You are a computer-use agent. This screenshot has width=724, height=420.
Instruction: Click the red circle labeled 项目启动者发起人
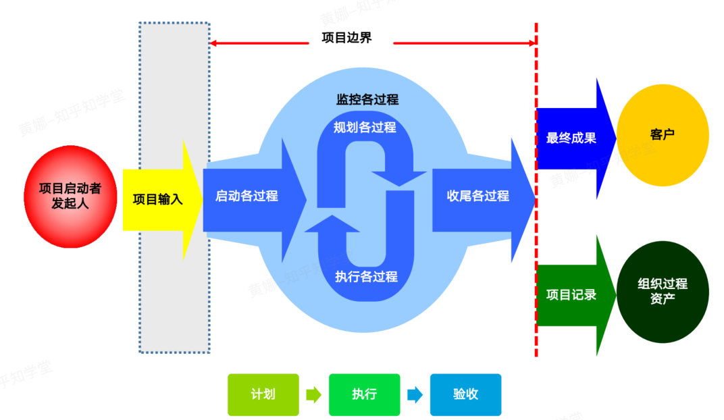70,196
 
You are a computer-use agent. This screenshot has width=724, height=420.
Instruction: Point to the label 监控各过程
367,100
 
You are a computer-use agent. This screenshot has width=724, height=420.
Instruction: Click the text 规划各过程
365,127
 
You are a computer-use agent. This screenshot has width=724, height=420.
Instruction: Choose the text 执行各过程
366,276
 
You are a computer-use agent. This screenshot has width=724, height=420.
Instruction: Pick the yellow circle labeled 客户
663,135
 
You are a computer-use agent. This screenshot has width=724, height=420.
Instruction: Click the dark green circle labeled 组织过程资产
663,292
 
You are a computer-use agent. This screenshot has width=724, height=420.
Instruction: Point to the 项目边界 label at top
346,38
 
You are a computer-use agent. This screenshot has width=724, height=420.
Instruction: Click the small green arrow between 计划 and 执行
313,395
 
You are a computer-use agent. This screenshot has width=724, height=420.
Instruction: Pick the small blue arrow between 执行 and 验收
415,395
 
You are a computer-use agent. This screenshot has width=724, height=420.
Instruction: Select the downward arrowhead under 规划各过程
398,177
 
